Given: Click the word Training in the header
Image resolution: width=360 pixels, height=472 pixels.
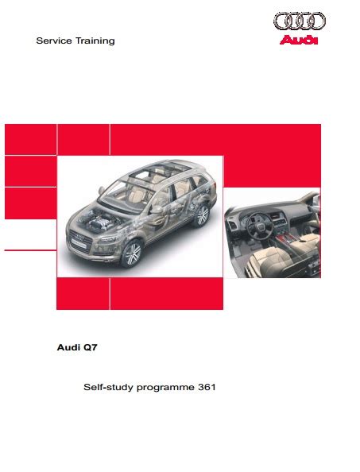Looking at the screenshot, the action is tap(95, 41).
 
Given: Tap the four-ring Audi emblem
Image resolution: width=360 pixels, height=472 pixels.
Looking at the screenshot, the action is tap(300, 21).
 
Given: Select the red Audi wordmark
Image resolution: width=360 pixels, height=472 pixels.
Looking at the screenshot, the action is tap(299, 40).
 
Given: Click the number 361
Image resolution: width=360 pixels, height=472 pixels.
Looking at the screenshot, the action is tap(207, 387).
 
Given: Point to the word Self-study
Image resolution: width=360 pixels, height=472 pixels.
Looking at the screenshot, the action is tap(108, 387).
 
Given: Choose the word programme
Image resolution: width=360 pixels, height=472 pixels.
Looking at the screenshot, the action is tap(165, 388).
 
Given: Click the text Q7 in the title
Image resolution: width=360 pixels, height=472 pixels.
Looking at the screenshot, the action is tap(91, 347).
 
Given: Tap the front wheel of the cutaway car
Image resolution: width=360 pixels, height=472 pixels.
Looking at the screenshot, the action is tap(132, 253).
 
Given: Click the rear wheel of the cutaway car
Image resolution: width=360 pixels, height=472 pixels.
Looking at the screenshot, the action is tap(201, 215).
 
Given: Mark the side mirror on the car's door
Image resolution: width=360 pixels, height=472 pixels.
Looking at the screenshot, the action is tap(157, 210).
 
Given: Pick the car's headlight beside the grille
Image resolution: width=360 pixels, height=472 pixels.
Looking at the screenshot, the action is tap(107, 238).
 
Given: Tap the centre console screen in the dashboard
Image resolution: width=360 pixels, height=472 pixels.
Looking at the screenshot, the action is tap(277, 216).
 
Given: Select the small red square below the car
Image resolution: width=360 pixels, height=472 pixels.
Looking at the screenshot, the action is tap(83, 293).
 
